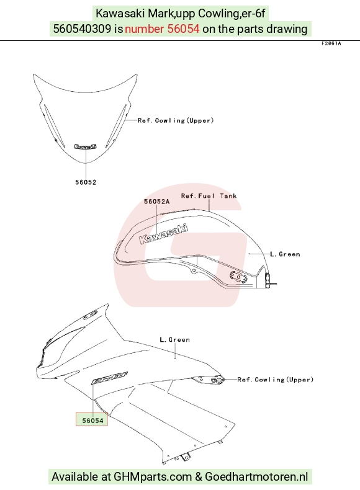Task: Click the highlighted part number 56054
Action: (92, 421)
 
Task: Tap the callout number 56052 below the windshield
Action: (86, 182)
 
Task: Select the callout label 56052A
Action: (156, 202)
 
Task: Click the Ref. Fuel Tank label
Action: (209, 196)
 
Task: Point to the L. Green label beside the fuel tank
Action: (285, 254)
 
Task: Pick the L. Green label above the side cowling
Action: (174, 340)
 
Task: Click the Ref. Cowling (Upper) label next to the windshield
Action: (176, 120)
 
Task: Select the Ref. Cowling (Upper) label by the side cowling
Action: (275, 380)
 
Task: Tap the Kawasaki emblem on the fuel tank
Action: (164, 234)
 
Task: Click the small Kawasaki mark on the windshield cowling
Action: (86, 146)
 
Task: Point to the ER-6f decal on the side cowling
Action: (109, 378)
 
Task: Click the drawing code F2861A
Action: (331, 43)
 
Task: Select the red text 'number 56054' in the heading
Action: (162, 29)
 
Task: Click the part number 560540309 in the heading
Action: (83, 29)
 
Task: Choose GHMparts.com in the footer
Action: (153, 477)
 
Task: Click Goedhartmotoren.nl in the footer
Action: (256, 477)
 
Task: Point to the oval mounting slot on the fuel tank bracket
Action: (238, 276)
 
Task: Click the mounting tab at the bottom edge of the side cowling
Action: (186, 457)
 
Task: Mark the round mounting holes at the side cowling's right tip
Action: (216, 380)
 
